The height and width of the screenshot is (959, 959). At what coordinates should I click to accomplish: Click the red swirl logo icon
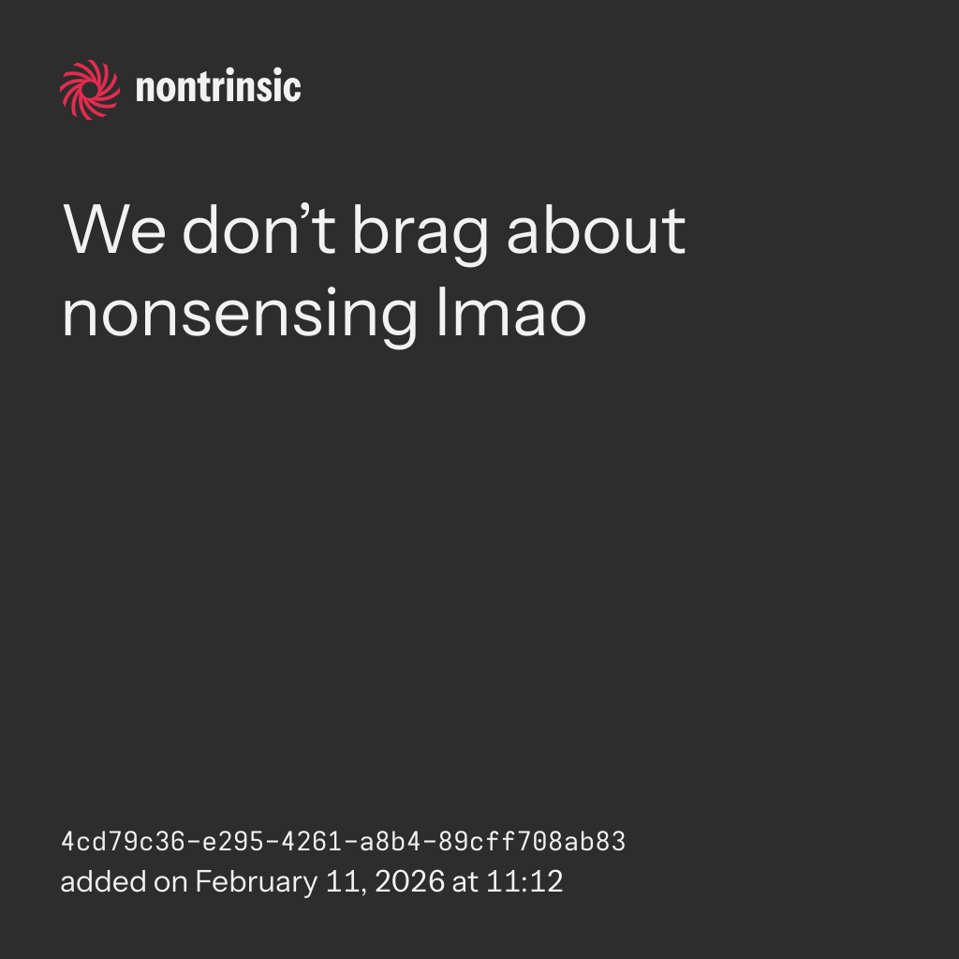point(90,90)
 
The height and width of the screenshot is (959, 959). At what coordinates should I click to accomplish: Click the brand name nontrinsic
point(218,86)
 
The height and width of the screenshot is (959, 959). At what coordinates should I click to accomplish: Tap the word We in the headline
point(114,230)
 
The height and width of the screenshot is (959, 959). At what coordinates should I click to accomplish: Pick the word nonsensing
point(240,317)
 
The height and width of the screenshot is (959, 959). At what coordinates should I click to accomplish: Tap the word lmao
point(512,311)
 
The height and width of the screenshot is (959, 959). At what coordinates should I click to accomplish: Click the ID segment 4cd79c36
point(123,842)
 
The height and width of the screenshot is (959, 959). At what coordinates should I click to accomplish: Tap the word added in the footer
point(103,882)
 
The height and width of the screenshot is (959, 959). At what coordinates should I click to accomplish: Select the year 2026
point(410,882)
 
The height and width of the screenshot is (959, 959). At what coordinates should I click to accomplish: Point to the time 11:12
point(524,882)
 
